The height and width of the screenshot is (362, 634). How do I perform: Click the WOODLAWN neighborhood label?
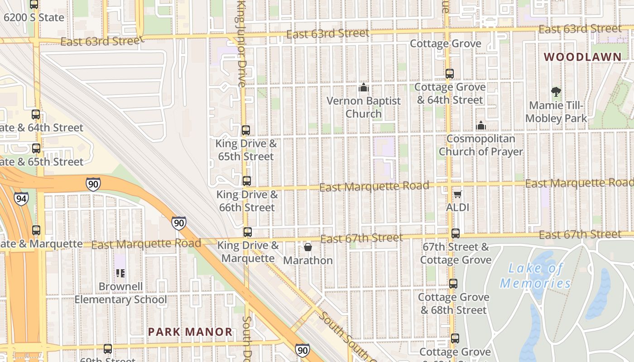tap(582, 57)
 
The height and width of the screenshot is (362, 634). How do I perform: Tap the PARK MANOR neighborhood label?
tap(190, 332)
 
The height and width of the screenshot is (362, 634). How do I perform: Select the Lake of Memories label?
tap(535, 276)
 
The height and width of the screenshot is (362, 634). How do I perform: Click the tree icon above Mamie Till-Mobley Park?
tap(556, 92)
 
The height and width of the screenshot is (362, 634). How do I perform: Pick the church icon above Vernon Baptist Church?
tap(363, 87)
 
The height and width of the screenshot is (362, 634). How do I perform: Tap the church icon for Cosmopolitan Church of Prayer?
tap(480, 125)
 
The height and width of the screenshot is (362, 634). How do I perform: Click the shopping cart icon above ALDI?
tap(457, 195)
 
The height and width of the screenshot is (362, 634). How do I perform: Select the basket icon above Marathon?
tap(308, 247)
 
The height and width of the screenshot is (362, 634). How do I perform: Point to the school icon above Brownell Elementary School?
tap(120, 273)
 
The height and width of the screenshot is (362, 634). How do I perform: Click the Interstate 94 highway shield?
tap(21, 198)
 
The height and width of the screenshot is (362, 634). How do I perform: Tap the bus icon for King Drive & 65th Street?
tap(245, 130)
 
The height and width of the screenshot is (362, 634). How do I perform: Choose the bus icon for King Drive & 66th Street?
tap(246, 181)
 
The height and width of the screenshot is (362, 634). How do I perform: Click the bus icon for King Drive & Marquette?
tap(247, 232)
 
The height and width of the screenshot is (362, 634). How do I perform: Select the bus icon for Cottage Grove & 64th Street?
tap(449, 73)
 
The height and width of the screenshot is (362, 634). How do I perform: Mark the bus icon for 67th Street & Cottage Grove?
tap(455, 233)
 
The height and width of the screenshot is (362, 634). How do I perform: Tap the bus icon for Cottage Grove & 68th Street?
tap(453, 284)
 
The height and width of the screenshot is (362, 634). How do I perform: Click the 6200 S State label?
tap(34, 18)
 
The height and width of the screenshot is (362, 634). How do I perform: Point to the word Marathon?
tap(308, 261)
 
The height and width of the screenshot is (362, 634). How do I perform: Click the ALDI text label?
tap(457, 208)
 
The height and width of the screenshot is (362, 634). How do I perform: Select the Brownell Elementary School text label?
tap(120, 293)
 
